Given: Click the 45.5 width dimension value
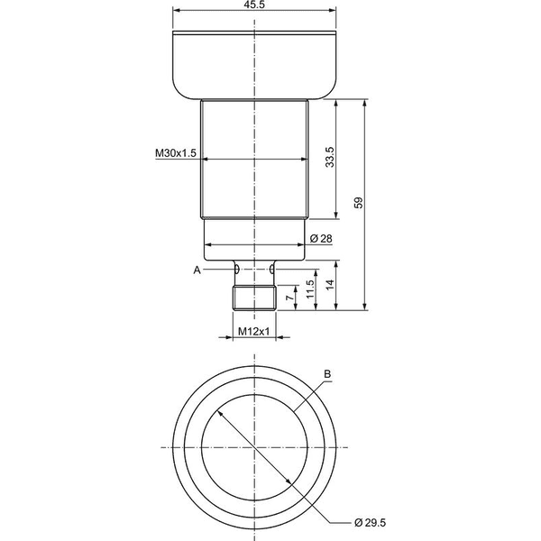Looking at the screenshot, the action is click(x=254, y=5).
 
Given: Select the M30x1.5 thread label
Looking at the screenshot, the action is click(x=176, y=152).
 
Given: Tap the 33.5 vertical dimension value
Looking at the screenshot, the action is click(x=330, y=157).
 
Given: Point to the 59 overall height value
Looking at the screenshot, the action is click(x=359, y=203).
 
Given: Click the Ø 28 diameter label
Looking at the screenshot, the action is click(x=321, y=238).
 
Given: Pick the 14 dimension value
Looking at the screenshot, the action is click(x=330, y=285).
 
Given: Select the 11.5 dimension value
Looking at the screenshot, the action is click(x=310, y=289).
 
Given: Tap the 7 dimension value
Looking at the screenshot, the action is click(x=290, y=298).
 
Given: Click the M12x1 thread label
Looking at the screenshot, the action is click(x=254, y=332).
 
